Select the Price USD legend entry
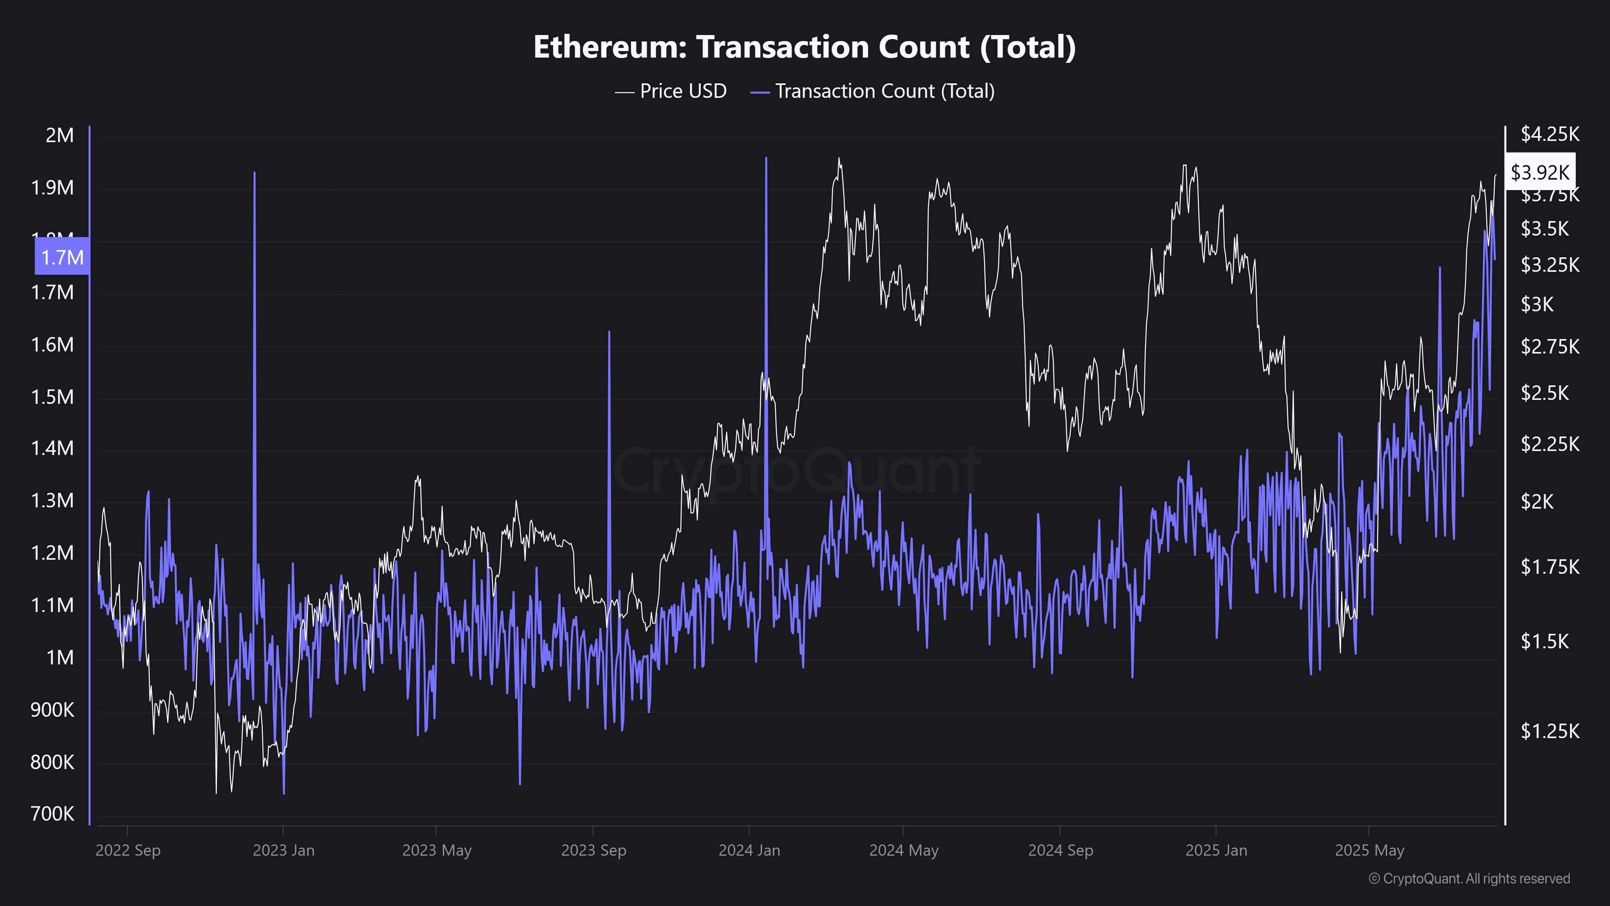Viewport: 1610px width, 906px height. [671, 91]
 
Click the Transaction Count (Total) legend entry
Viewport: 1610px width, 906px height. [873, 91]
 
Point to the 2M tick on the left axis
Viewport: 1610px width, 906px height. [60, 135]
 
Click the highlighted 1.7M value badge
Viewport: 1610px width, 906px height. [62, 257]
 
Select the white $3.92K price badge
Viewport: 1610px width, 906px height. [1540, 172]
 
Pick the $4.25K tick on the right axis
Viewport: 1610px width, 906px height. [1549, 134]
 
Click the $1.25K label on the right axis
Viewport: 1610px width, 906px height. [1549, 730]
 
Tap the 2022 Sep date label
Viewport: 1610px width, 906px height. [128, 850]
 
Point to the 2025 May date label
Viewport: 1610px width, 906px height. [1369, 850]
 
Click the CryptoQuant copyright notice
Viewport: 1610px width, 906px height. [1469, 879]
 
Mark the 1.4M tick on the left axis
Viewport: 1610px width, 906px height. [52, 448]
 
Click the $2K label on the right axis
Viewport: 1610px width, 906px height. [1537, 501]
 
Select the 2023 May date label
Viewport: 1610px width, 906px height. [436, 850]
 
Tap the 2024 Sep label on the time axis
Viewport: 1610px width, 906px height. [1060, 850]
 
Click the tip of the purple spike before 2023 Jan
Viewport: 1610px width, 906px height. [254, 173]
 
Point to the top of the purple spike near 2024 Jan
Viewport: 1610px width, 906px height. [766, 159]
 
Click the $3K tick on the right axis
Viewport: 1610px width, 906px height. [1537, 304]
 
